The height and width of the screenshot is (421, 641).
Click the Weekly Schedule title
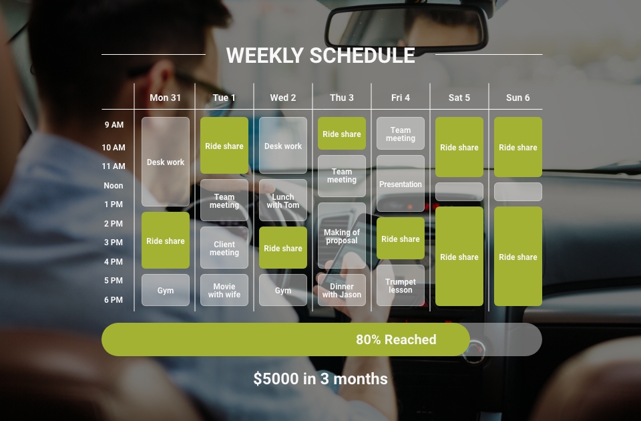(x=320, y=55)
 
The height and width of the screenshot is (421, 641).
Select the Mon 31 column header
(x=165, y=98)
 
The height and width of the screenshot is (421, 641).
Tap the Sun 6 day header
(x=518, y=98)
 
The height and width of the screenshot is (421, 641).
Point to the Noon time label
(x=114, y=186)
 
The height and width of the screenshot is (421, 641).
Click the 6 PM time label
(x=114, y=300)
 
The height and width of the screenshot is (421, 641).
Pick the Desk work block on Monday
(x=166, y=162)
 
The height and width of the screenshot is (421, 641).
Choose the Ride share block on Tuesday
(x=224, y=145)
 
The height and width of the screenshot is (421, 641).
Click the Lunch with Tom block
(x=283, y=200)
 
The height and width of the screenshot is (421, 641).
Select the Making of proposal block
(x=342, y=236)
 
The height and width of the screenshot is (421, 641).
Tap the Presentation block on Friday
(x=401, y=183)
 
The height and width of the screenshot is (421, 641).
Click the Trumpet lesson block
(x=401, y=285)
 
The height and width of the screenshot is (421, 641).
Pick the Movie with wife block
(x=224, y=290)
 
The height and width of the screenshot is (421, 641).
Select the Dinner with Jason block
(x=342, y=290)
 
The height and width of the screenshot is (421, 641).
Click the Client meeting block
(x=224, y=247)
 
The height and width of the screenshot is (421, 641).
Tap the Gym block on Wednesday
(x=283, y=290)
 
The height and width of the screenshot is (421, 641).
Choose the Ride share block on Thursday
(x=342, y=134)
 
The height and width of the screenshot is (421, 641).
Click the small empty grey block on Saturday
(x=459, y=192)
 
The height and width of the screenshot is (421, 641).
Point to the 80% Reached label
(x=396, y=339)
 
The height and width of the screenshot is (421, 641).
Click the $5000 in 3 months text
(x=320, y=379)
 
